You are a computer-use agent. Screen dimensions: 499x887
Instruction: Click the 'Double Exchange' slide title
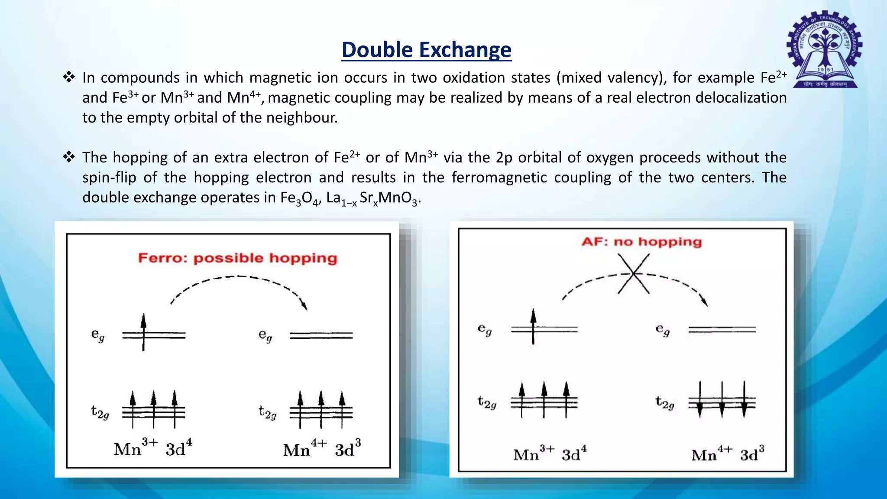click(426, 50)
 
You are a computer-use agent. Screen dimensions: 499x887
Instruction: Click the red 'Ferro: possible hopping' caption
click(237, 258)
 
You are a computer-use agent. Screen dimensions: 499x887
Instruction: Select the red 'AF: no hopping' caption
click(641, 242)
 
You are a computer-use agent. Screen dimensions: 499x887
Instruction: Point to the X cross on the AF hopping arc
click(633, 274)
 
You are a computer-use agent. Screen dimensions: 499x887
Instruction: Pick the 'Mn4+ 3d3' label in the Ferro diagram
click(322, 449)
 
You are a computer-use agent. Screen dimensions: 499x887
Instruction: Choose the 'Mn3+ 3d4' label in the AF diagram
click(550, 454)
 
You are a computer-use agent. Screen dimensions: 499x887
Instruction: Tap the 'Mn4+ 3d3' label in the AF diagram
click(728, 454)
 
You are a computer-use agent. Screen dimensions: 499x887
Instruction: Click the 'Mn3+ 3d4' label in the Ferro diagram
click(152, 448)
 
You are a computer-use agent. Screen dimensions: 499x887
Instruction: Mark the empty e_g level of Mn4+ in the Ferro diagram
click(321, 335)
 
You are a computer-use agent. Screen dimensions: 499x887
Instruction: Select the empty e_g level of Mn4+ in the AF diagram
click(722, 330)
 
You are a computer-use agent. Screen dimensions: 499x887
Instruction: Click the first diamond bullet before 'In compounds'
click(69, 78)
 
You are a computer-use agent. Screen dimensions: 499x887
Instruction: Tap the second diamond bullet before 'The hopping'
click(69, 157)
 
